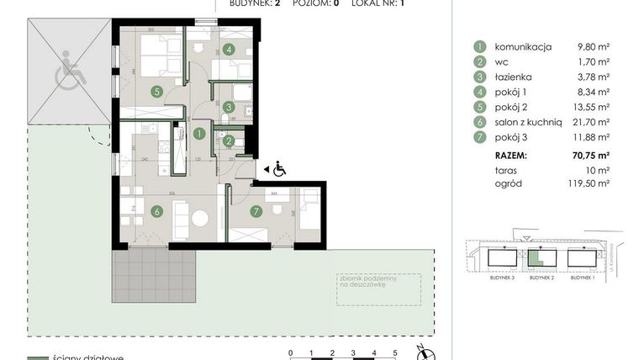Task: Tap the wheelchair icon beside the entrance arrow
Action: (x=278, y=170)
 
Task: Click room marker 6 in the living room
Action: (x=156, y=211)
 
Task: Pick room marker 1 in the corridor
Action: (x=199, y=133)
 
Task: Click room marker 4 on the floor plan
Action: (x=230, y=50)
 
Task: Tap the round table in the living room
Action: (x=200, y=218)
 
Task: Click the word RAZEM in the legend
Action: (x=511, y=156)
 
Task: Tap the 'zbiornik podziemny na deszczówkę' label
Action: (x=368, y=283)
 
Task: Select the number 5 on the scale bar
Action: (x=395, y=352)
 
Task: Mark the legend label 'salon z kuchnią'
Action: (x=527, y=121)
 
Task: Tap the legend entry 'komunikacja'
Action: (x=523, y=47)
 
